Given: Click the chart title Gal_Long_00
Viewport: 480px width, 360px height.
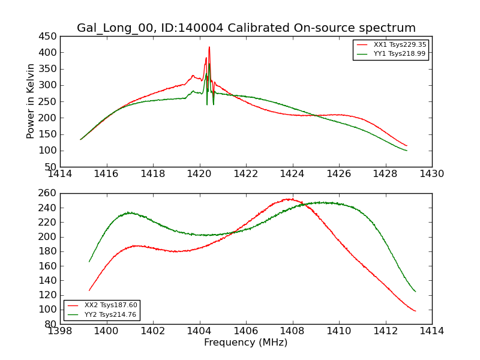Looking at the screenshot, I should pyautogui.click(x=246, y=28).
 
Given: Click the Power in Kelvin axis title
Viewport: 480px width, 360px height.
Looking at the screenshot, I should pyautogui.click(x=31, y=101).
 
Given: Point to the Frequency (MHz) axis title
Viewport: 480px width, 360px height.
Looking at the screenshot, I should pyautogui.click(x=246, y=343).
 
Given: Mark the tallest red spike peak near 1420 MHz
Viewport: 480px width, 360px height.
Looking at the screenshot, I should pyautogui.click(x=209, y=47).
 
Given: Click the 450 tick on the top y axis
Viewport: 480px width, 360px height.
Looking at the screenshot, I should pyautogui.click(x=48, y=36).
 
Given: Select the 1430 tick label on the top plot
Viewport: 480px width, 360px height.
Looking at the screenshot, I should pyautogui.click(x=432, y=174).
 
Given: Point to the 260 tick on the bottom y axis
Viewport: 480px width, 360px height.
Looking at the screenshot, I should pyautogui.click(x=48, y=193).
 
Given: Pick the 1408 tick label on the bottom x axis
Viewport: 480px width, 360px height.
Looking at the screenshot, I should pyautogui.click(x=292, y=331).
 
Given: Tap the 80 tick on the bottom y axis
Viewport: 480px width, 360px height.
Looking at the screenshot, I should pyautogui.click(x=50, y=324).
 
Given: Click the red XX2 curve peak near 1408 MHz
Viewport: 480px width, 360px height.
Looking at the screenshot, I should pyautogui.click(x=290, y=199).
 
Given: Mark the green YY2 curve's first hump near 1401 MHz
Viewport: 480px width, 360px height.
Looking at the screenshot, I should pyautogui.click(x=129, y=212).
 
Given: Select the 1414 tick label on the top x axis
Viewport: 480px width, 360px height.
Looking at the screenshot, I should pyautogui.click(x=60, y=174).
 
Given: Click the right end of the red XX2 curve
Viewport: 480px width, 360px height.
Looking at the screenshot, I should pyautogui.click(x=415, y=311).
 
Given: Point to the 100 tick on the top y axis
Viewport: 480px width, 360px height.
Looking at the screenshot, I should pyautogui.click(x=48, y=151).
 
